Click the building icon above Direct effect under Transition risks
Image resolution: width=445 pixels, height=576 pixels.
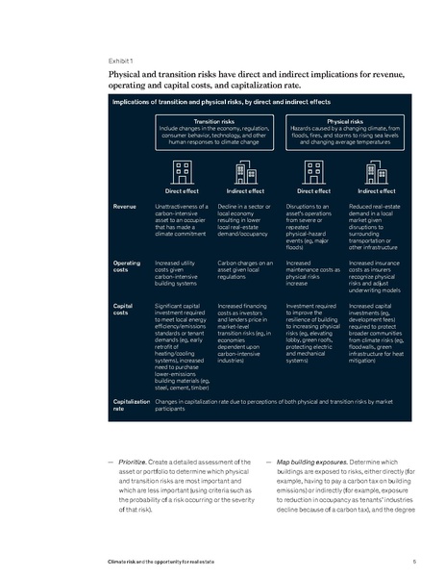[182, 171]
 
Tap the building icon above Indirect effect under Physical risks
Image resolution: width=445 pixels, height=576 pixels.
[371, 171]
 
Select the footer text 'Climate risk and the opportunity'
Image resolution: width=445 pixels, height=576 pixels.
[157, 561]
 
